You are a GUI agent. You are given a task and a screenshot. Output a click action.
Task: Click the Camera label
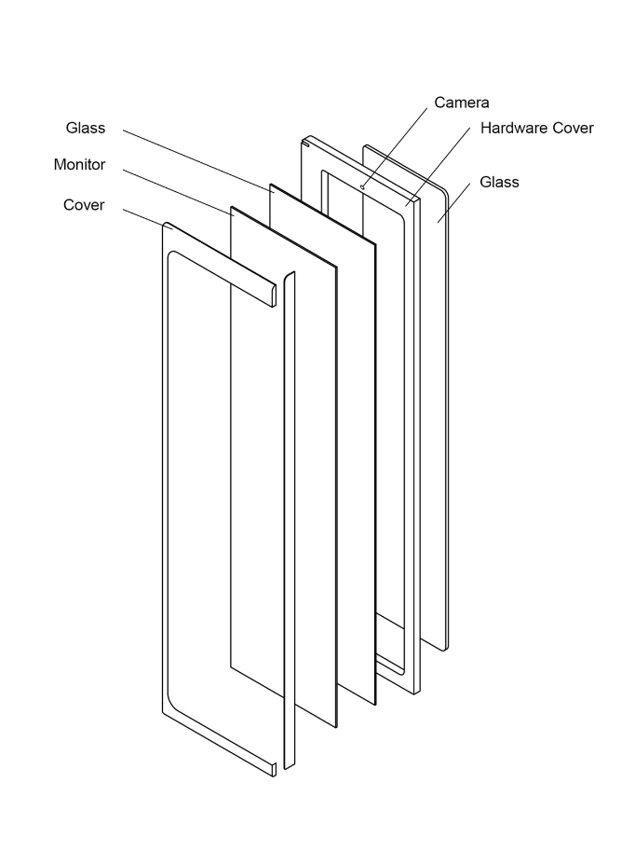pyautogui.click(x=461, y=103)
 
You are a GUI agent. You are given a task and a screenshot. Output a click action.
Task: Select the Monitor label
pyautogui.click(x=79, y=165)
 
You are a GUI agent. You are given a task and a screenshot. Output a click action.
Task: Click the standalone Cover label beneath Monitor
pyautogui.click(x=84, y=205)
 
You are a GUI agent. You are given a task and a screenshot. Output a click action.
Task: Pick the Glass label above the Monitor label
pyautogui.click(x=86, y=128)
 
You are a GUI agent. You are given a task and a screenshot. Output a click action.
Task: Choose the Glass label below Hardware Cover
pyautogui.click(x=499, y=182)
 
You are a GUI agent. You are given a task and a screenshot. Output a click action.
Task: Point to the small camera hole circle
pyautogui.click(x=362, y=186)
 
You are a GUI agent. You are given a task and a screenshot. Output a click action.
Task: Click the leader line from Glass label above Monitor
pyautogui.click(x=196, y=158)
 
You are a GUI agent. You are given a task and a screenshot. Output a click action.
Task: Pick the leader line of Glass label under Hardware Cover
pyautogui.click(x=456, y=202)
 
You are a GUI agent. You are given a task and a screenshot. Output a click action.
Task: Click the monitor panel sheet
pyautogui.click(x=279, y=466)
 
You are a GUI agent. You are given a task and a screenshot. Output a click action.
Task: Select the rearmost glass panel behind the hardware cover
pyautogui.click(x=438, y=419)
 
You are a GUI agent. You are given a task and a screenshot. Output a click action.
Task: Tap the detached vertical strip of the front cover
pyautogui.click(x=289, y=522)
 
